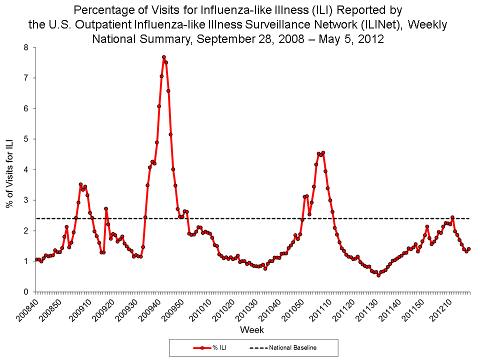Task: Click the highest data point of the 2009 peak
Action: tap(163, 57)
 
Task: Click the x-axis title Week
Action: tap(252, 330)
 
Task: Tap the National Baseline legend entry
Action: tap(283, 347)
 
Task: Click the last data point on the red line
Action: tap(469, 248)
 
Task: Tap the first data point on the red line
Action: tap(36, 259)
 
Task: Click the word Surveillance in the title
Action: tap(281, 24)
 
